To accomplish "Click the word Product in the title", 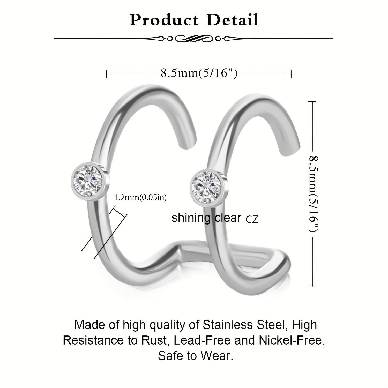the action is coord(164,20).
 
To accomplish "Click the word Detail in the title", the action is coord(233,20).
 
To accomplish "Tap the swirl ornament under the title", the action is coord(194,39).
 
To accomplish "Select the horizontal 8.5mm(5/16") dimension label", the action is coord(199,73).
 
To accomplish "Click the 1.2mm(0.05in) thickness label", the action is coord(140,198).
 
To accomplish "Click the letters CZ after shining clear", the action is coord(252,220).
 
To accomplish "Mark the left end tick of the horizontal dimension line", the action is coord(107,74).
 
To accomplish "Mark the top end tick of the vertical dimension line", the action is coord(312,102).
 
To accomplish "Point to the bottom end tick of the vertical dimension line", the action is coord(312,286).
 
